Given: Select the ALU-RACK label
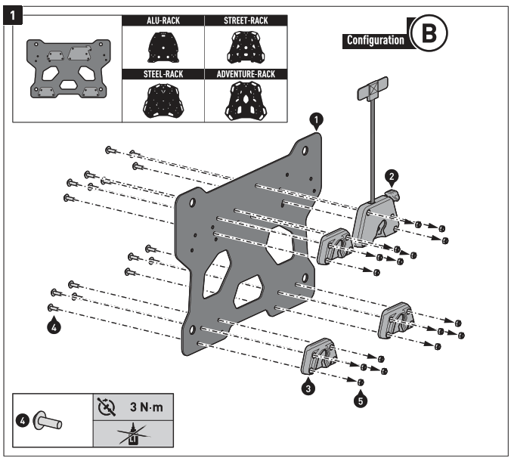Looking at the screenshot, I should pyautogui.click(x=163, y=21).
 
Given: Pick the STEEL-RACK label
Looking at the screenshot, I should pyautogui.click(x=163, y=74).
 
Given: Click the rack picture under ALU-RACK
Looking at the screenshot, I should pyautogui.click(x=163, y=48).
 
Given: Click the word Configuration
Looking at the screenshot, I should pyautogui.click(x=374, y=39).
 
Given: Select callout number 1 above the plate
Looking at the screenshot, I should pyautogui.click(x=317, y=119).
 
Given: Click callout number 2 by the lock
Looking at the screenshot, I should pyautogui.click(x=392, y=176).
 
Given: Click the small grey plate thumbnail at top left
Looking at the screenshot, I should pyautogui.click(x=67, y=68).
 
